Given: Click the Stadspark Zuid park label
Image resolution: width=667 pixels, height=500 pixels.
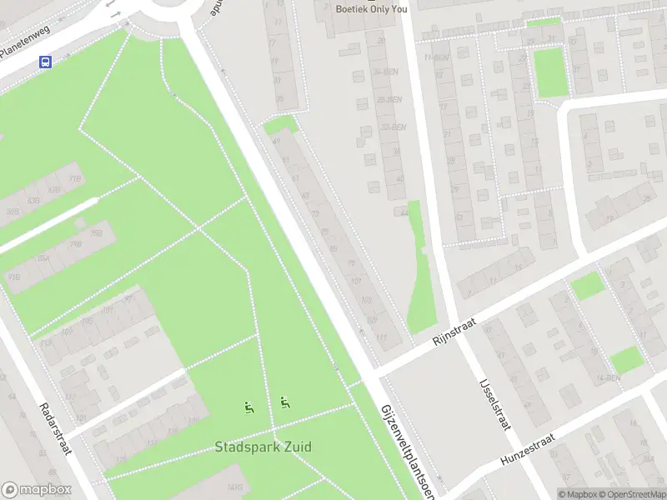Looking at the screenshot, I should pos(263,447).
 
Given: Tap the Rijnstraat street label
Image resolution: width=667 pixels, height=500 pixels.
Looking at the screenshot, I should pos(451,336).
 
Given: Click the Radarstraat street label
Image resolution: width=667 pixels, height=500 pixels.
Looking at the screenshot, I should pos(56,429).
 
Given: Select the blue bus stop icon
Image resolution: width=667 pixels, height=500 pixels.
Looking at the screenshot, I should pos(45,62).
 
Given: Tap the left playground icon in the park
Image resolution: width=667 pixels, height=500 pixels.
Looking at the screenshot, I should pos(248,407).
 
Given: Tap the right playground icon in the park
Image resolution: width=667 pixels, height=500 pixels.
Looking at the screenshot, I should pos(285,403).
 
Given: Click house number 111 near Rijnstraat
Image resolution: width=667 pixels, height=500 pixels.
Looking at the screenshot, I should pos(381,337).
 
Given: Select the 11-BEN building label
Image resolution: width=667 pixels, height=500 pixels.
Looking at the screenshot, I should pos(436,57).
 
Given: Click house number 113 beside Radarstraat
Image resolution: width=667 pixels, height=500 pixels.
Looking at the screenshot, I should pos(46,342).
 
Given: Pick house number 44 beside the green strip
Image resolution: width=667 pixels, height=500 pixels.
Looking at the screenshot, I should pos(404,212).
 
